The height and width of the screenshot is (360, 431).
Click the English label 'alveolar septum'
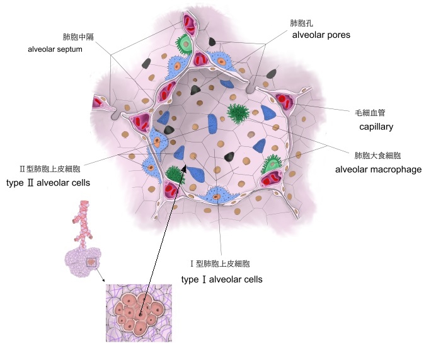pyautogui.click(x=55, y=49)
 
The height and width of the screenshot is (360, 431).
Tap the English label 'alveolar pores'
pyautogui.click(x=321, y=35)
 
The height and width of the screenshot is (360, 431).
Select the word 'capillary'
pyautogui.click(x=376, y=127)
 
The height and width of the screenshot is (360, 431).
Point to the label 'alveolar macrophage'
pyautogui.click(x=377, y=170)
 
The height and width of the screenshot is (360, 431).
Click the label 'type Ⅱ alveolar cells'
pyautogui.click(x=48, y=183)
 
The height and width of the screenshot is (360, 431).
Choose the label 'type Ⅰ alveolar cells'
pyautogui.click(x=222, y=279)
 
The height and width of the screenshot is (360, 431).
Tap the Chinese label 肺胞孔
pyautogui.click(x=301, y=23)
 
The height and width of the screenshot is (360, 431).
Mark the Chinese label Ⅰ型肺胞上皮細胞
pyautogui.click(x=219, y=264)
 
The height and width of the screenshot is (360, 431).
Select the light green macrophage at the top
pyautogui.click(x=185, y=44)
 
